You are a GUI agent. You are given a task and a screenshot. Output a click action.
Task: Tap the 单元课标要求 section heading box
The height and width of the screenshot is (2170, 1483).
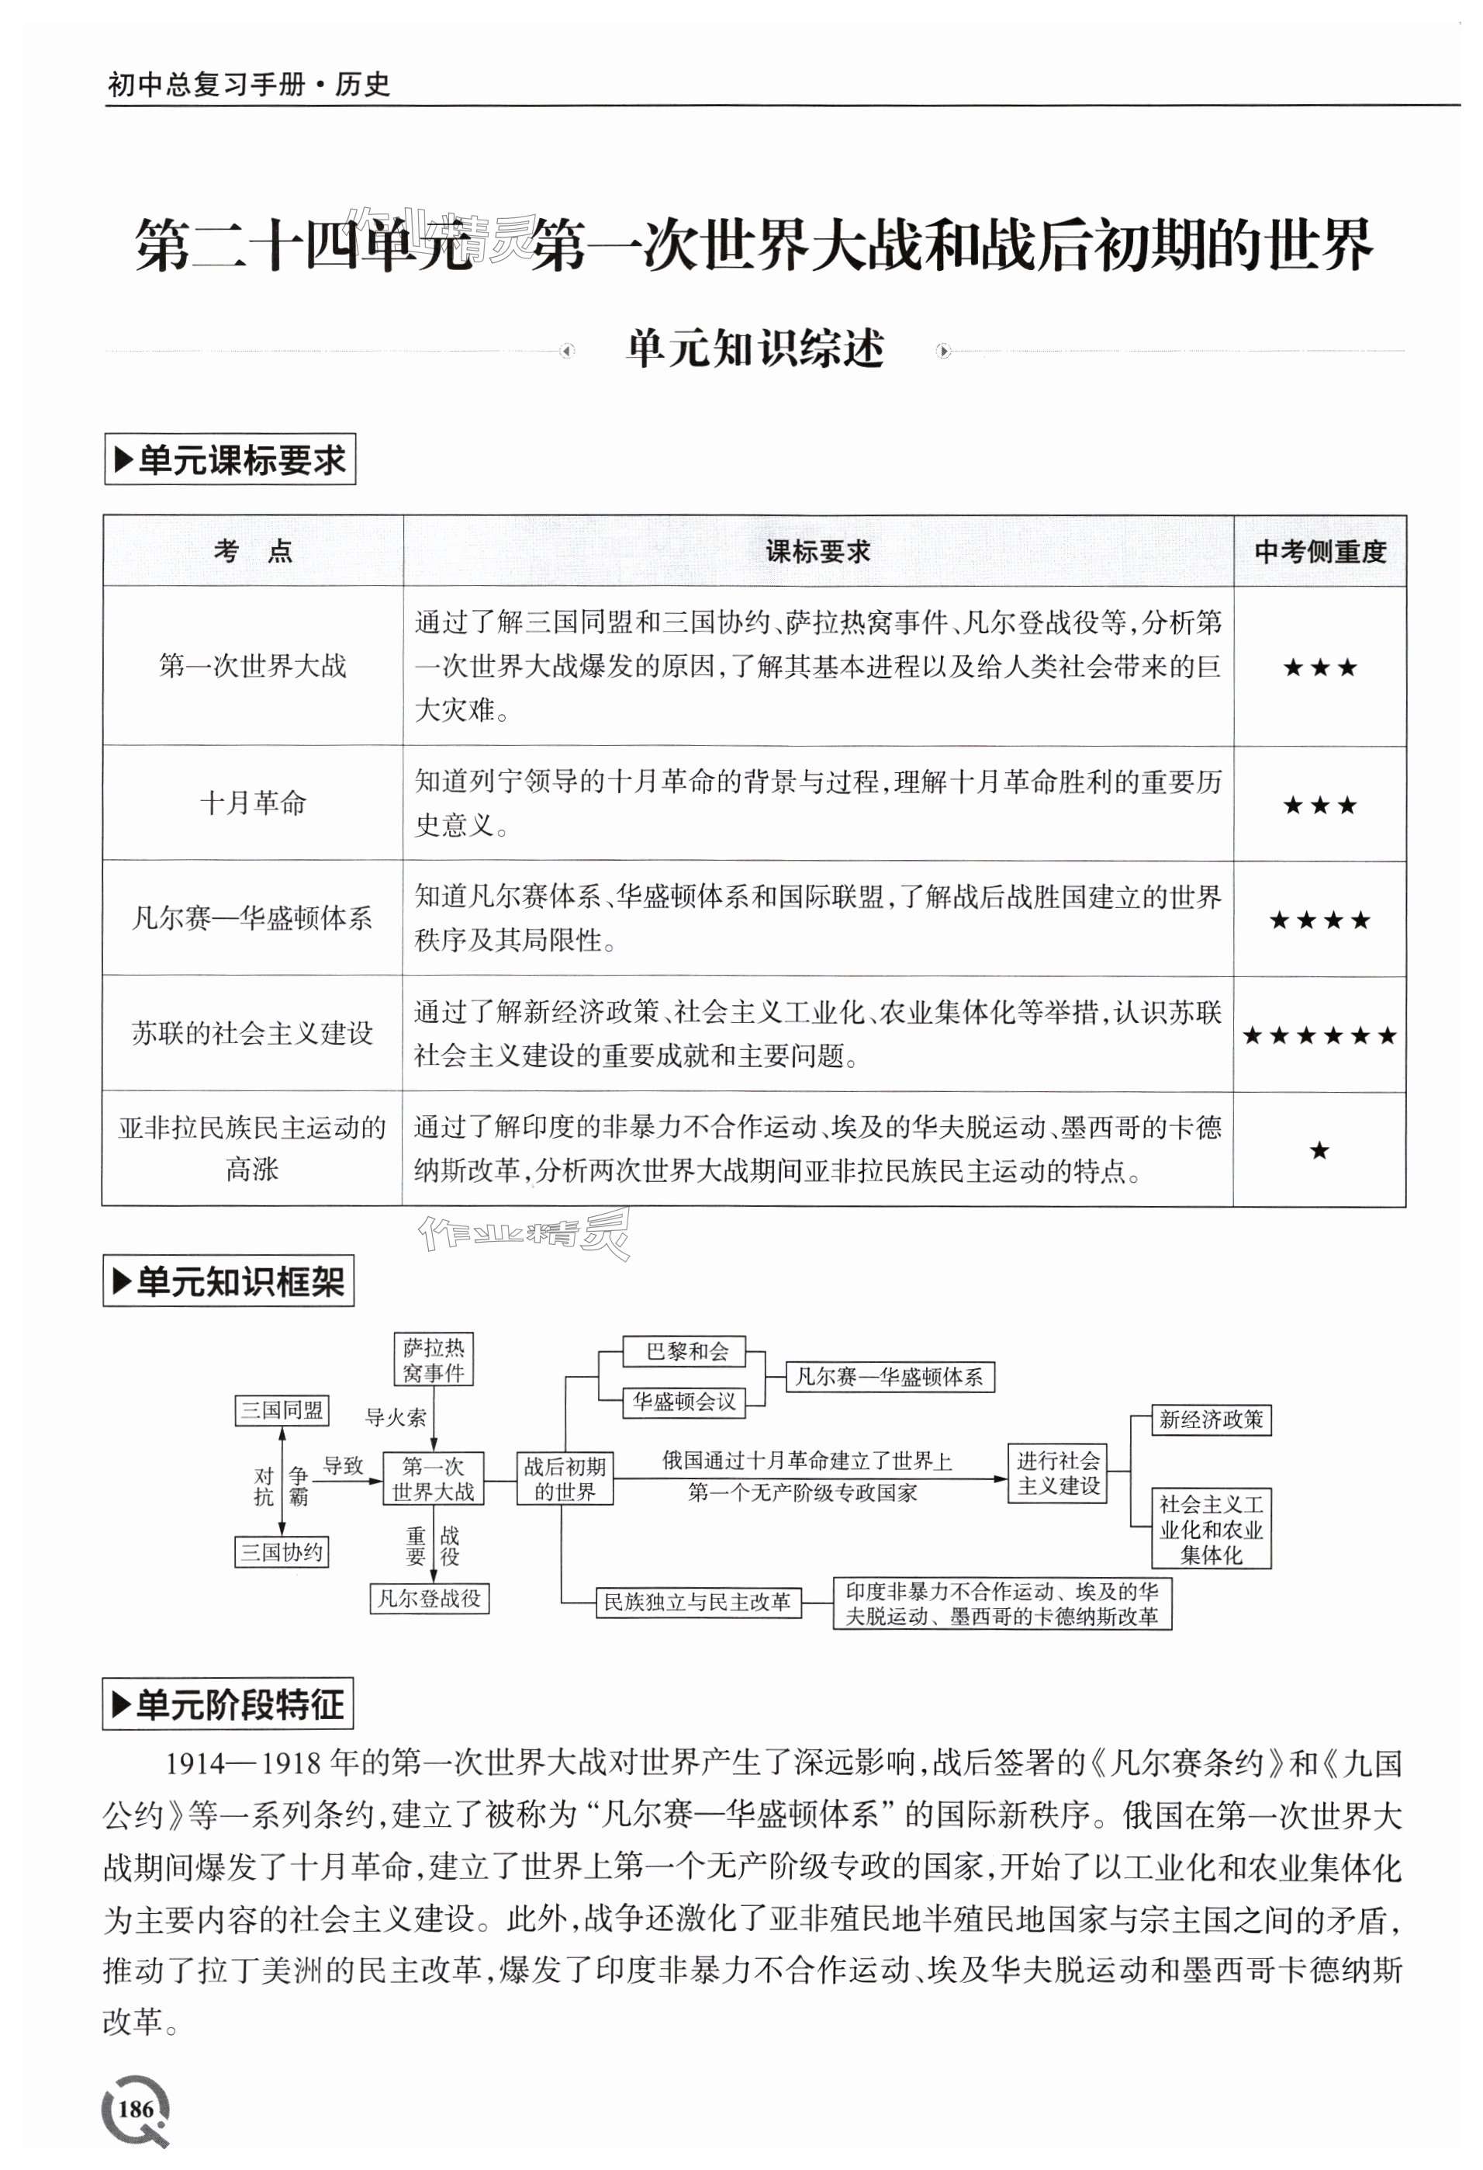click(x=230, y=459)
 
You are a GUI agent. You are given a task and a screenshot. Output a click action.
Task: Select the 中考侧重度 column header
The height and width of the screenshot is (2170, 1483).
click(x=1319, y=552)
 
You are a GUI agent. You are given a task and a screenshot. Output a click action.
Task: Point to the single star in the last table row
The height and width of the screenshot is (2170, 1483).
click(x=1319, y=1150)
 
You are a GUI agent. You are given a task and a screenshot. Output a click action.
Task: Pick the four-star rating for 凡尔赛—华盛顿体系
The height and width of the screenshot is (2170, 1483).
click(x=1319, y=920)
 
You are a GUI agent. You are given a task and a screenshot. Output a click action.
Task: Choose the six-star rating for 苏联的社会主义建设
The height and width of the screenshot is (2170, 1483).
click(x=1319, y=1035)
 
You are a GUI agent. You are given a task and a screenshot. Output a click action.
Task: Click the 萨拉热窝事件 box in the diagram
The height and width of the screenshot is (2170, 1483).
click(x=433, y=1360)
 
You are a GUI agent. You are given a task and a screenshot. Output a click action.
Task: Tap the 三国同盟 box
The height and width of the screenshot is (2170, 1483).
click(x=281, y=1410)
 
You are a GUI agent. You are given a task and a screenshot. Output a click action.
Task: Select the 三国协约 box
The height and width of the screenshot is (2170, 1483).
click(x=281, y=1552)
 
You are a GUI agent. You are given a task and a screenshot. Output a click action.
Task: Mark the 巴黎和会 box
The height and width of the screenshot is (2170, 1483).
click(x=687, y=1351)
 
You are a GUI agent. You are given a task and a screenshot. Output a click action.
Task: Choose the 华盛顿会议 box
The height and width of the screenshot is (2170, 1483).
click(x=684, y=1402)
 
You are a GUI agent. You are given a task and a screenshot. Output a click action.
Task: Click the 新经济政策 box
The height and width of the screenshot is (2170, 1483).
click(x=1211, y=1420)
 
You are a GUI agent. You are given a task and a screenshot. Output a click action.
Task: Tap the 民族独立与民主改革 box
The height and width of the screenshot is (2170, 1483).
click(x=697, y=1603)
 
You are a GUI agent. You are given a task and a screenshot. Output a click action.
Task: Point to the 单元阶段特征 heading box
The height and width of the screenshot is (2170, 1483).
click(x=228, y=1704)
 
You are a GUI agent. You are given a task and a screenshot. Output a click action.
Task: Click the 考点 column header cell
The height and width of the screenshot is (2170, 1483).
click(x=252, y=552)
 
